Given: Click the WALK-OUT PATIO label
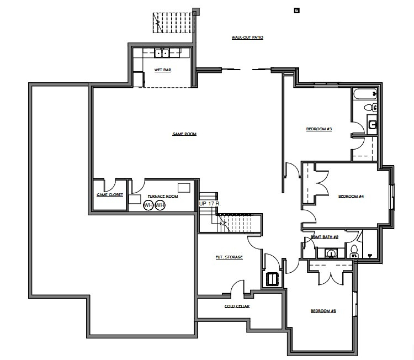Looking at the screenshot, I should [x=247, y=38].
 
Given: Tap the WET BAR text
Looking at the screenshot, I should [x=162, y=70].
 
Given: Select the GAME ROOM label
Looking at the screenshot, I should [x=184, y=134].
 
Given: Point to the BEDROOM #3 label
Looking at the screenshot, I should [x=319, y=129].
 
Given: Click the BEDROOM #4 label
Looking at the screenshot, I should [x=350, y=196].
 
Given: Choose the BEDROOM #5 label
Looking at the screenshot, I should [x=323, y=311].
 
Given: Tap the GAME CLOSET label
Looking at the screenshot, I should [x=110, y=194].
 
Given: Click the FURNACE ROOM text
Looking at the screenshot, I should [x=162, y=197].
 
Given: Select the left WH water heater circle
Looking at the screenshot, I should [x=148, y=205].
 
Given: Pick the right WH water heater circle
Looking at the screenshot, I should [x=160, y=205].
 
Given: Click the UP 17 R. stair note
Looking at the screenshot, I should [x=210, y=204].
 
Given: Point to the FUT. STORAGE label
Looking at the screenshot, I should [x=229, y=257].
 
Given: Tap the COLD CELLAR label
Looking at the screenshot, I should [x=237, y=306].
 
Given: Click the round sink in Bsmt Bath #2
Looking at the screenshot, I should [x=331, y=253].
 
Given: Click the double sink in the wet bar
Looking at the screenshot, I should [x=162, y=54].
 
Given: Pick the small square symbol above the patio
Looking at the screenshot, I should [x=297, y=9].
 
